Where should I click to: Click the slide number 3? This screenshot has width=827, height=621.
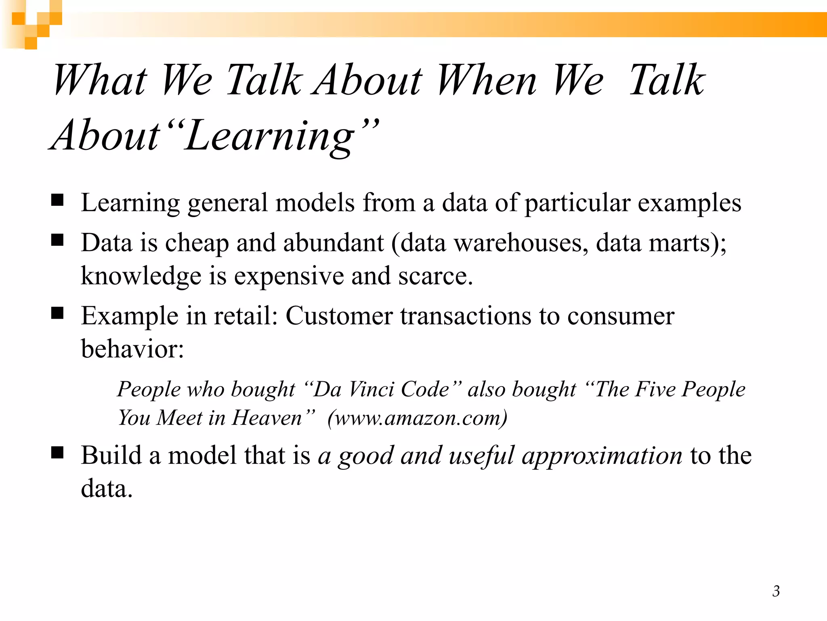tap(776, 591)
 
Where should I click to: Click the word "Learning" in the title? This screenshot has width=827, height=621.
tap(270, 136)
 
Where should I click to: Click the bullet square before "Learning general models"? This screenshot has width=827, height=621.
tap(57, 200)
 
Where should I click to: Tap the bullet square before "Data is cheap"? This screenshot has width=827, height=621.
tap(57, 240)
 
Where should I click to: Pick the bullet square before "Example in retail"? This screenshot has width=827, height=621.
tap(57, 313)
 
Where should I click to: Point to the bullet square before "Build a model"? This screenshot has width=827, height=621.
tap(57, 453)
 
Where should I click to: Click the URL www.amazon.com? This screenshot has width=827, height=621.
tap(417, 418)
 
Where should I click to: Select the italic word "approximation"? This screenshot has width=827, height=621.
tap(602, 456)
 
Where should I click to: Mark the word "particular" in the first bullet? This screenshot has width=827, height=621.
tap(577, 203)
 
